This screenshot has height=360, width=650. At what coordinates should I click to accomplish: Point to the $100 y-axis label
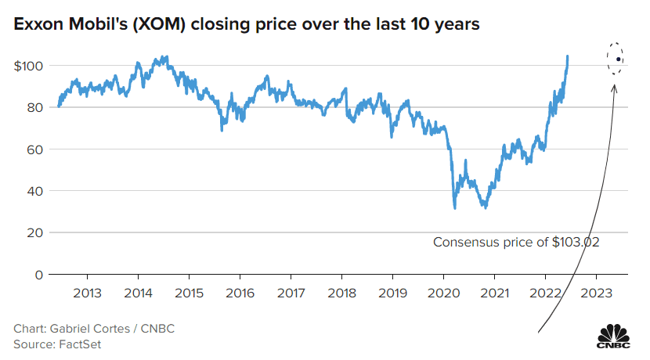tap(28, 66)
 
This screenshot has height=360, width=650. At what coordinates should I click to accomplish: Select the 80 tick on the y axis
tap(33, 107)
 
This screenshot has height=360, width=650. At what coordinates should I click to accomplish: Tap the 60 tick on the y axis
tap(33, 149)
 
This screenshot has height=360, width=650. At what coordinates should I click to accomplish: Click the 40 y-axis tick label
tap(33, 191)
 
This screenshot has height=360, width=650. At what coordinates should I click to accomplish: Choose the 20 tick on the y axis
tap(33, 232)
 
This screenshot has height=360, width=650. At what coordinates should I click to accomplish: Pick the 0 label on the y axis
tap(36, 275)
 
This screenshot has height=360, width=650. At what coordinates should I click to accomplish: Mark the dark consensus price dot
tap(619, 59)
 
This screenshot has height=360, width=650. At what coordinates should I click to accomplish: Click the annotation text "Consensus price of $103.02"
tap(516, 243)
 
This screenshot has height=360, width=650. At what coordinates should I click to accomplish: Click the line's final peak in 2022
tap(567, 56)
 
